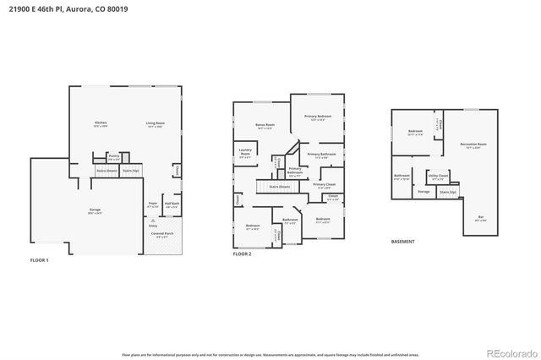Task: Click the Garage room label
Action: pos(71,211)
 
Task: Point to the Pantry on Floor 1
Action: pos(114,157)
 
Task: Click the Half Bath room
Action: pos(172,205)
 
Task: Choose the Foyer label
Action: pos(153,205)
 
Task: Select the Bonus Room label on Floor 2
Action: pos(264,127)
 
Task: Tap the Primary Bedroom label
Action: pos(318,117)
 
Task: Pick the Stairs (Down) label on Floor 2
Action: pos(279,187)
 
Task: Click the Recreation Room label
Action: pos(474,145)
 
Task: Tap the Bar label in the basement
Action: pos(481,218)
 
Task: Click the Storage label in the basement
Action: pos(424,192)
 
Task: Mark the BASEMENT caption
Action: pos(402,242)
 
